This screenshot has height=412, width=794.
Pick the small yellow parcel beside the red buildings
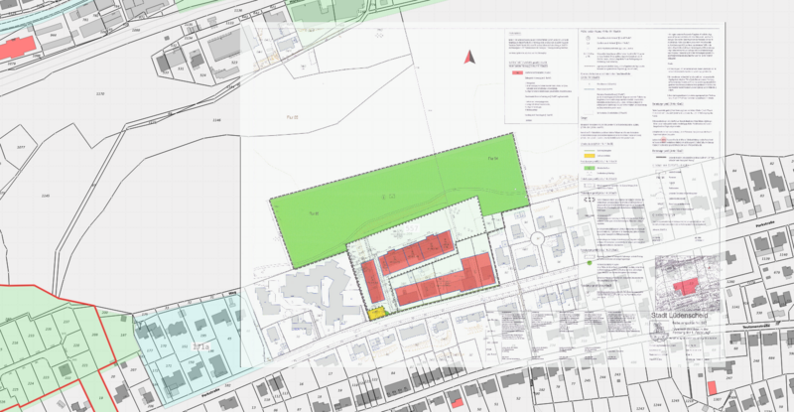[x=376, y=313]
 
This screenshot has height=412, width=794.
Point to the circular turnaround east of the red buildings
[x=536, y=239]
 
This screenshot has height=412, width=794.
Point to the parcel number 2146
[x=217, y=120]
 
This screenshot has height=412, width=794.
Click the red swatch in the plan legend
[x=517, y=73]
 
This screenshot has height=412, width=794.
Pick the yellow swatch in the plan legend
[x=589, y=155]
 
